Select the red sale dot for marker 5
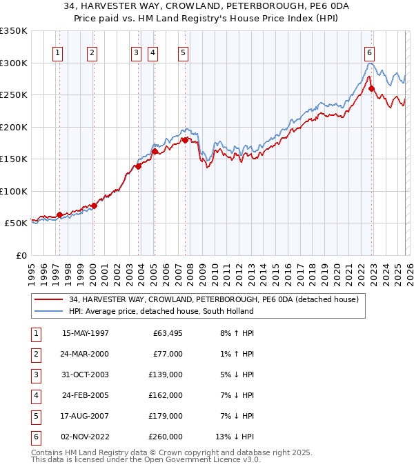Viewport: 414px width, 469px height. [x=185, y=140]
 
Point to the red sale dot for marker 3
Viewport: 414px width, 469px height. [x=139, y=166]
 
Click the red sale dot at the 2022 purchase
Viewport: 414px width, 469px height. [x=371, y=88]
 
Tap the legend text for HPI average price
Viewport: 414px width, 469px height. [x=161, y=311]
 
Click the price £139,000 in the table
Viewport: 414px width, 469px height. [x=166, y=375]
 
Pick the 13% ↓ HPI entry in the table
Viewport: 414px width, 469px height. [x=235, y=437]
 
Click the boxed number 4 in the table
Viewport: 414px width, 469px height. [x=35, y=395]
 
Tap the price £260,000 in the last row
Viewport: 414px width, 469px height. [x=166, y=437]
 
